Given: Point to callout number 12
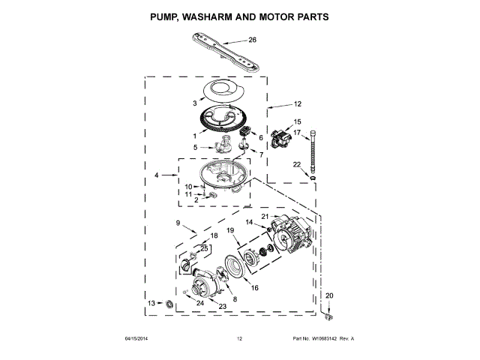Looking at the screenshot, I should (x=297, y=104).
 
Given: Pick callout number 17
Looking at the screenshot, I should (x=296, y=133).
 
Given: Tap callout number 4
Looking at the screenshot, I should (x=157, y=175).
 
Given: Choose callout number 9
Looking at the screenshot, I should (x=178, y=223).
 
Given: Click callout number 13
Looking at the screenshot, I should (x=151, y=303).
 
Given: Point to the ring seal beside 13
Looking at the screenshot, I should (x=169, y=303).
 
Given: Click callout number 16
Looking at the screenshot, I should (x=254, y=287).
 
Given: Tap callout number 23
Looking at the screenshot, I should (x=222, y=306).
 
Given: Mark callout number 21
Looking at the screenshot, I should (x=264, y=217).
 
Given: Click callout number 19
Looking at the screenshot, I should (x=231, y=229).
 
